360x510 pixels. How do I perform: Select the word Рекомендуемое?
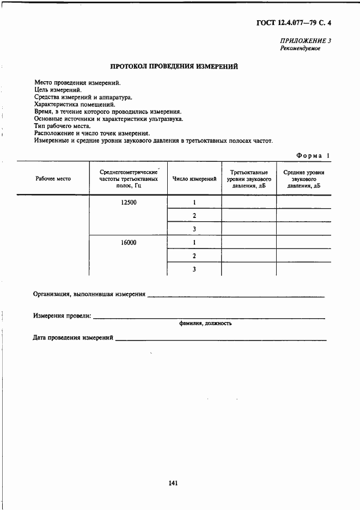point(300,48)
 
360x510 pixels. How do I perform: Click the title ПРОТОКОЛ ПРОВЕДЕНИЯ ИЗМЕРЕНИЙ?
point(174,67)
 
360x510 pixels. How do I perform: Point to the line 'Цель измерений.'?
point(58,90)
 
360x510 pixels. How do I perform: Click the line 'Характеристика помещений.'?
point(75,104)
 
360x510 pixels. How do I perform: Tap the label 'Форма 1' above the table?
point(313,156)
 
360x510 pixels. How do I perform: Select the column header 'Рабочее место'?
point(53,179)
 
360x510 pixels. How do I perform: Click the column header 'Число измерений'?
point(194,179)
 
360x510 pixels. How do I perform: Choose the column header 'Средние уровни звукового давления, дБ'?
point(304,179)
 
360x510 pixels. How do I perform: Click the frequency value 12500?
point(129,202)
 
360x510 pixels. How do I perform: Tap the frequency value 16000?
point(129,243)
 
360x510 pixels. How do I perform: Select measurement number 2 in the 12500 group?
point(194,216)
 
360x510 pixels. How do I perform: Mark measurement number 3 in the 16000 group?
point(194,269)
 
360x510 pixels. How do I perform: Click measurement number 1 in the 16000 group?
point(194,243)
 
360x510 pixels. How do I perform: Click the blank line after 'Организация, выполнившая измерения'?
point(236,296)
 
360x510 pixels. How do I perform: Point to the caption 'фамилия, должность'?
point(205,323)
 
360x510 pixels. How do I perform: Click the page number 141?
point(174,483)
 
